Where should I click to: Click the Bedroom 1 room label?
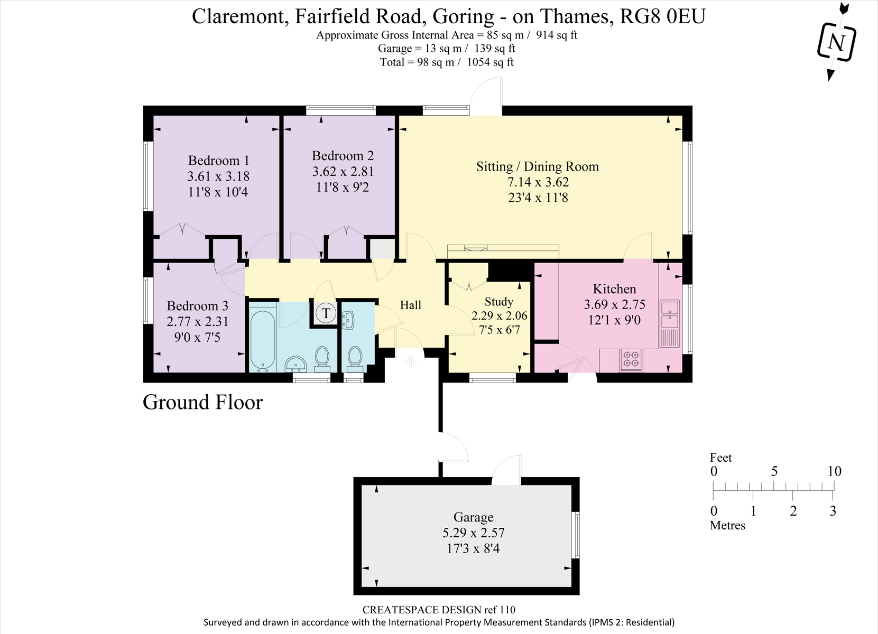click(218, 160)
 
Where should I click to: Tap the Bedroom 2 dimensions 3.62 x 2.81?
click(343, 172)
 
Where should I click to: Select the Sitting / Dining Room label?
click(538, 166)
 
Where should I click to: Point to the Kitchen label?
click(614, 289)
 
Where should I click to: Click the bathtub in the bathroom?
click(263, 340)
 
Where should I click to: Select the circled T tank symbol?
click(326, 313)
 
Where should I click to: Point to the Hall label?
click(410, 305)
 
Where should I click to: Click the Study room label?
click(498, 301)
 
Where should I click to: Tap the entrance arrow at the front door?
click(410, 361)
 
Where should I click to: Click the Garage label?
click(473, 517)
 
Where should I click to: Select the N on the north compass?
click(836, 42)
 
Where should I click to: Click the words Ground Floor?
click(202, 402)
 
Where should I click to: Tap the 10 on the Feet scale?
click(835, 471)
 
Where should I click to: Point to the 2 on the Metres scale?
click(793, 511)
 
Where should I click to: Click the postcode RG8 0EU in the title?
click(662, 16)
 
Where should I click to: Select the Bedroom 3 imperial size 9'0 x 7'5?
click(197, 337)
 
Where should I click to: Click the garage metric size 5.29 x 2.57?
click(473, 533)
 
